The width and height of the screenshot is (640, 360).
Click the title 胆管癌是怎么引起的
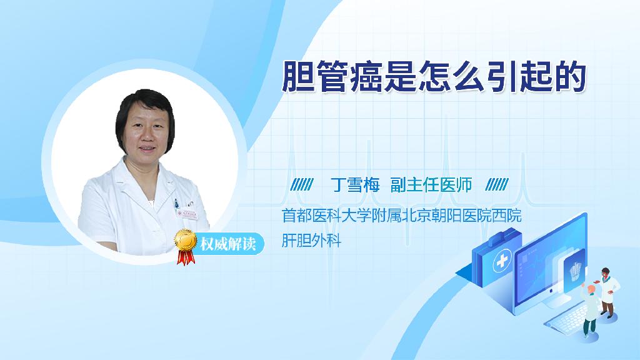click(434, 77)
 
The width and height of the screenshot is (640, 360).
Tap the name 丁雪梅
click(355, 185)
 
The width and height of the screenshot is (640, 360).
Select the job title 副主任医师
click(431, 185)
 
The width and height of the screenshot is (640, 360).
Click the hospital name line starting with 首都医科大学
click(402, 216)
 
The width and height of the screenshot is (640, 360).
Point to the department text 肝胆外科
click(311, 241)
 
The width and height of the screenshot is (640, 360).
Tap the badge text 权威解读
click(228, 244)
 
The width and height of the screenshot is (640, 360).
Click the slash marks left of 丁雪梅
click(302, 185)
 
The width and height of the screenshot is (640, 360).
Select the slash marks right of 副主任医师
click(497, 185)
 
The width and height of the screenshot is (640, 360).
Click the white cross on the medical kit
click(502, 261)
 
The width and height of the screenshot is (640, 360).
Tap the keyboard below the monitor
click(567, 318)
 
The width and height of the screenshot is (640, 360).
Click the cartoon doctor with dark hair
click(607, 292)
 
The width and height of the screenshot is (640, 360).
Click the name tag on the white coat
click(187, 214)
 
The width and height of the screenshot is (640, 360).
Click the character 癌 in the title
click(366, 77)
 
